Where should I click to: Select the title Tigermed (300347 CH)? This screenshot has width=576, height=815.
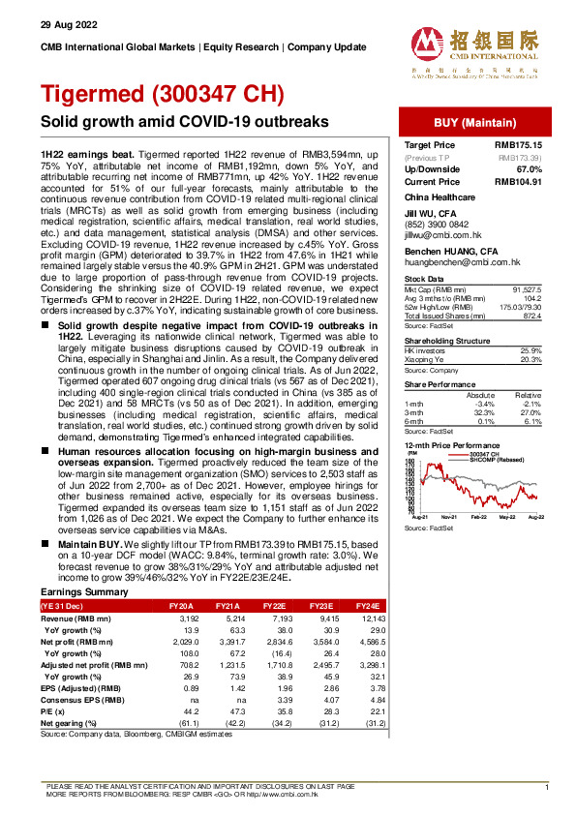click(162, 95)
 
